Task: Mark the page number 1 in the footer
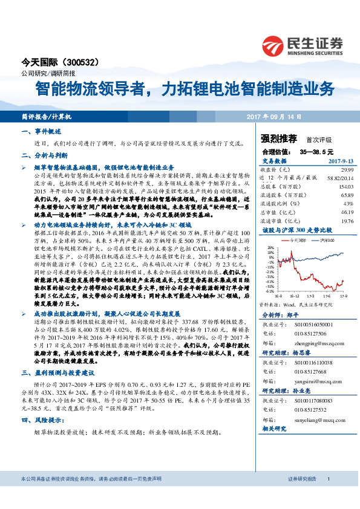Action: [x=328, y=496]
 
